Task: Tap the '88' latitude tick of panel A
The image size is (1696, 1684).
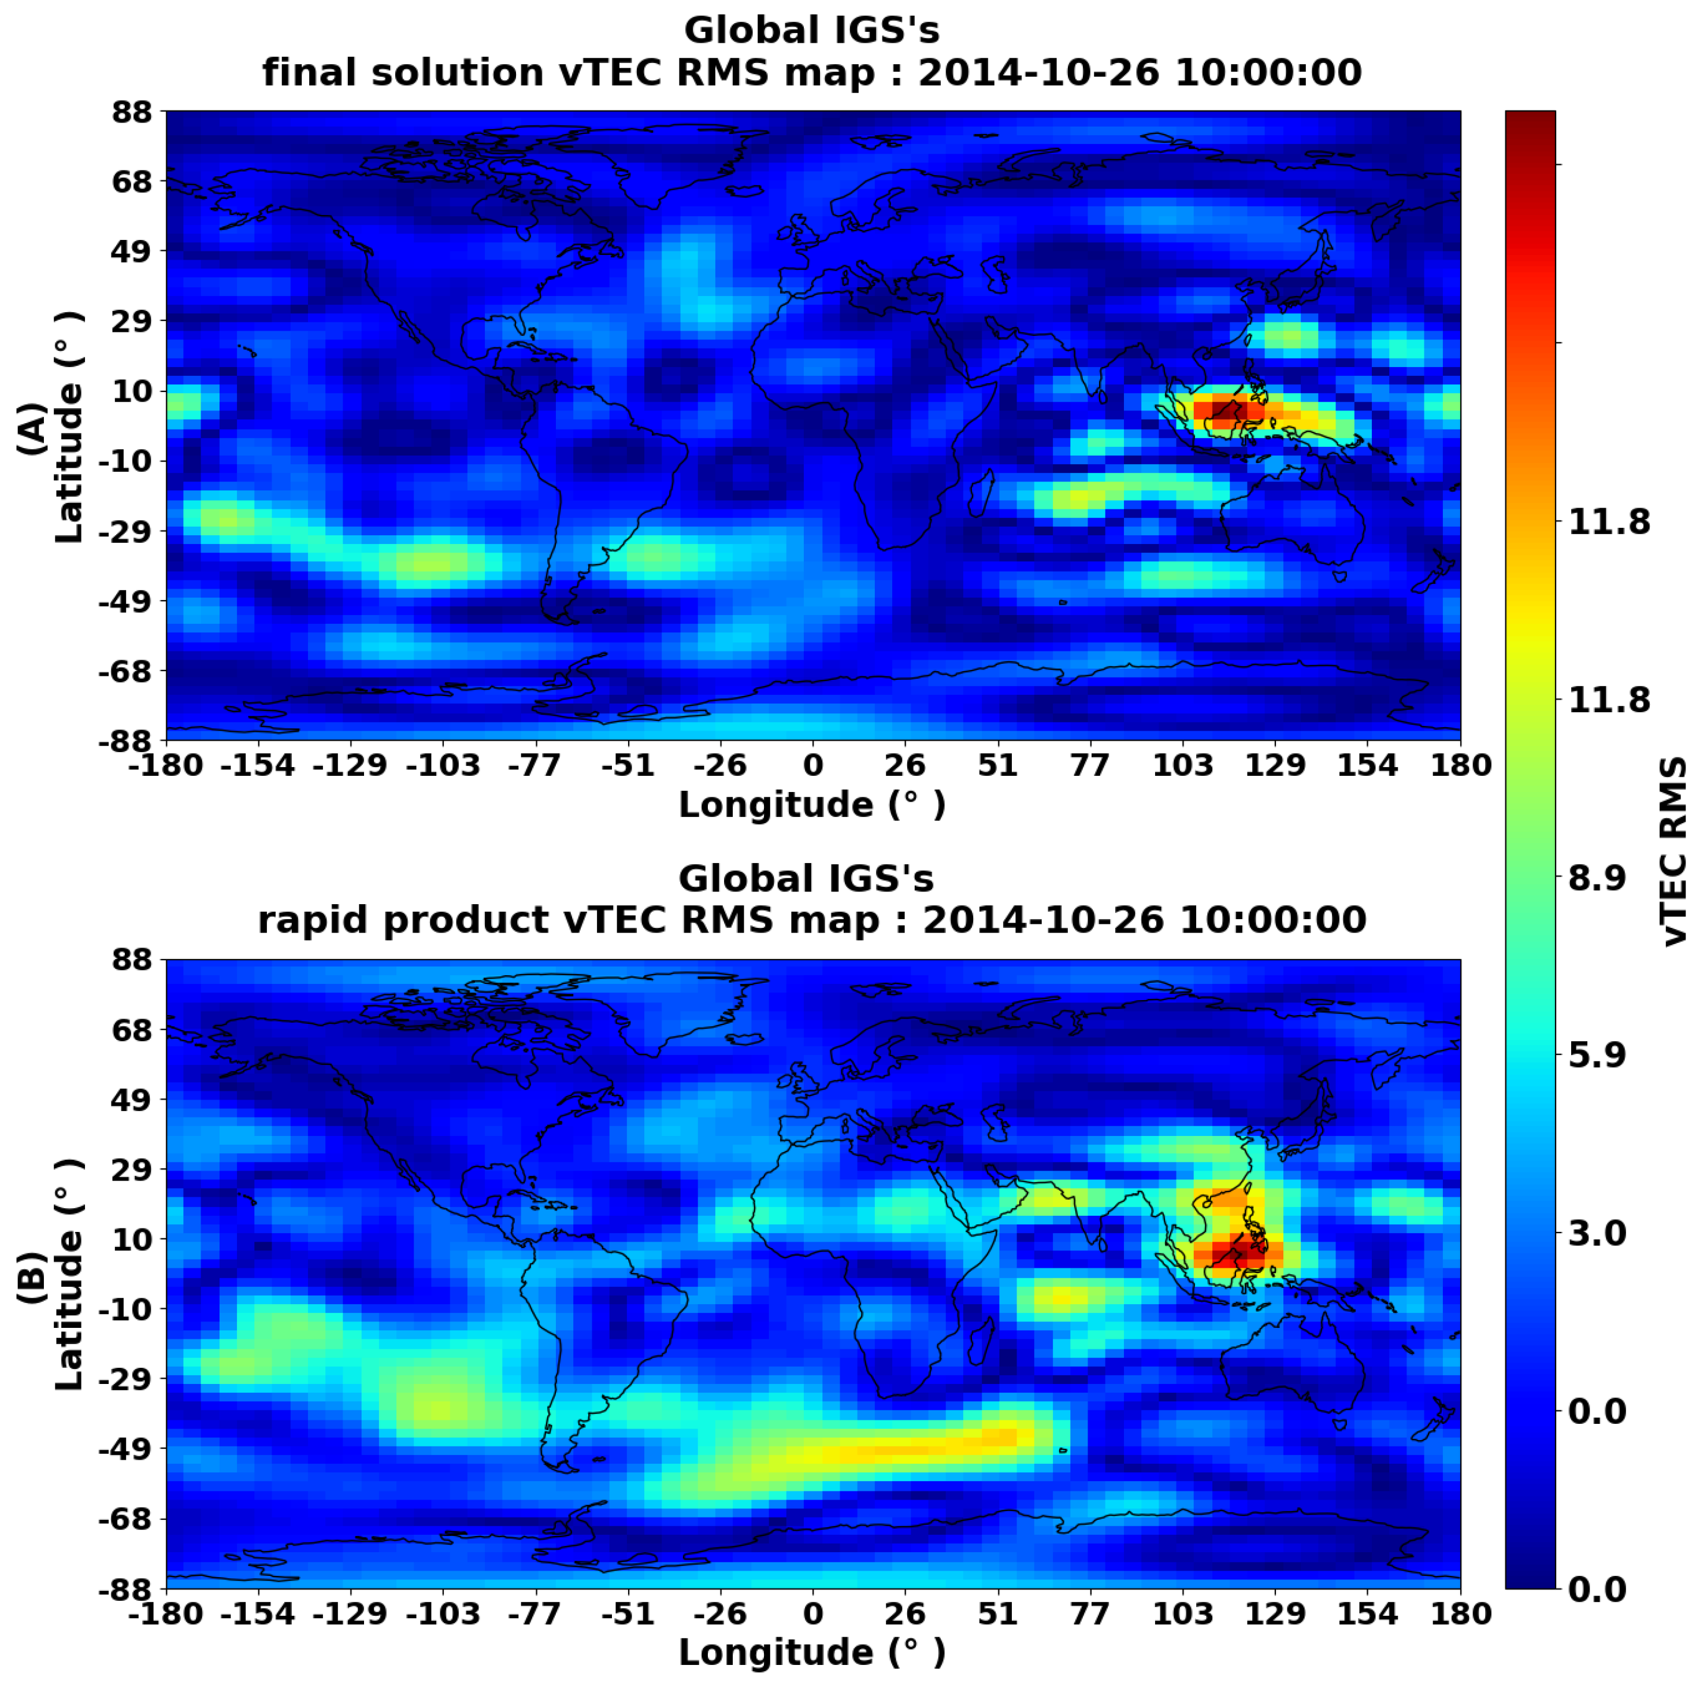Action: point(132,112)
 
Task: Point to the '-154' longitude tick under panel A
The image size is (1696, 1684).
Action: point(257,765)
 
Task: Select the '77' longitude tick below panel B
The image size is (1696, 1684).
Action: point(1089,1613)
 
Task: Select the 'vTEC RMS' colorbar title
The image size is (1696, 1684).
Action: point(1675,852)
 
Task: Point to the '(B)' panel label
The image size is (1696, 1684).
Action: point(32,1278)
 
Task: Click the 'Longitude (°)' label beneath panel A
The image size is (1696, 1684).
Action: point(812,805)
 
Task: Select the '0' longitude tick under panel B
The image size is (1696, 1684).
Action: point(813,1613)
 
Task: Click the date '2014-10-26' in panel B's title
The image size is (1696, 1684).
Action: point(1043,920)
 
